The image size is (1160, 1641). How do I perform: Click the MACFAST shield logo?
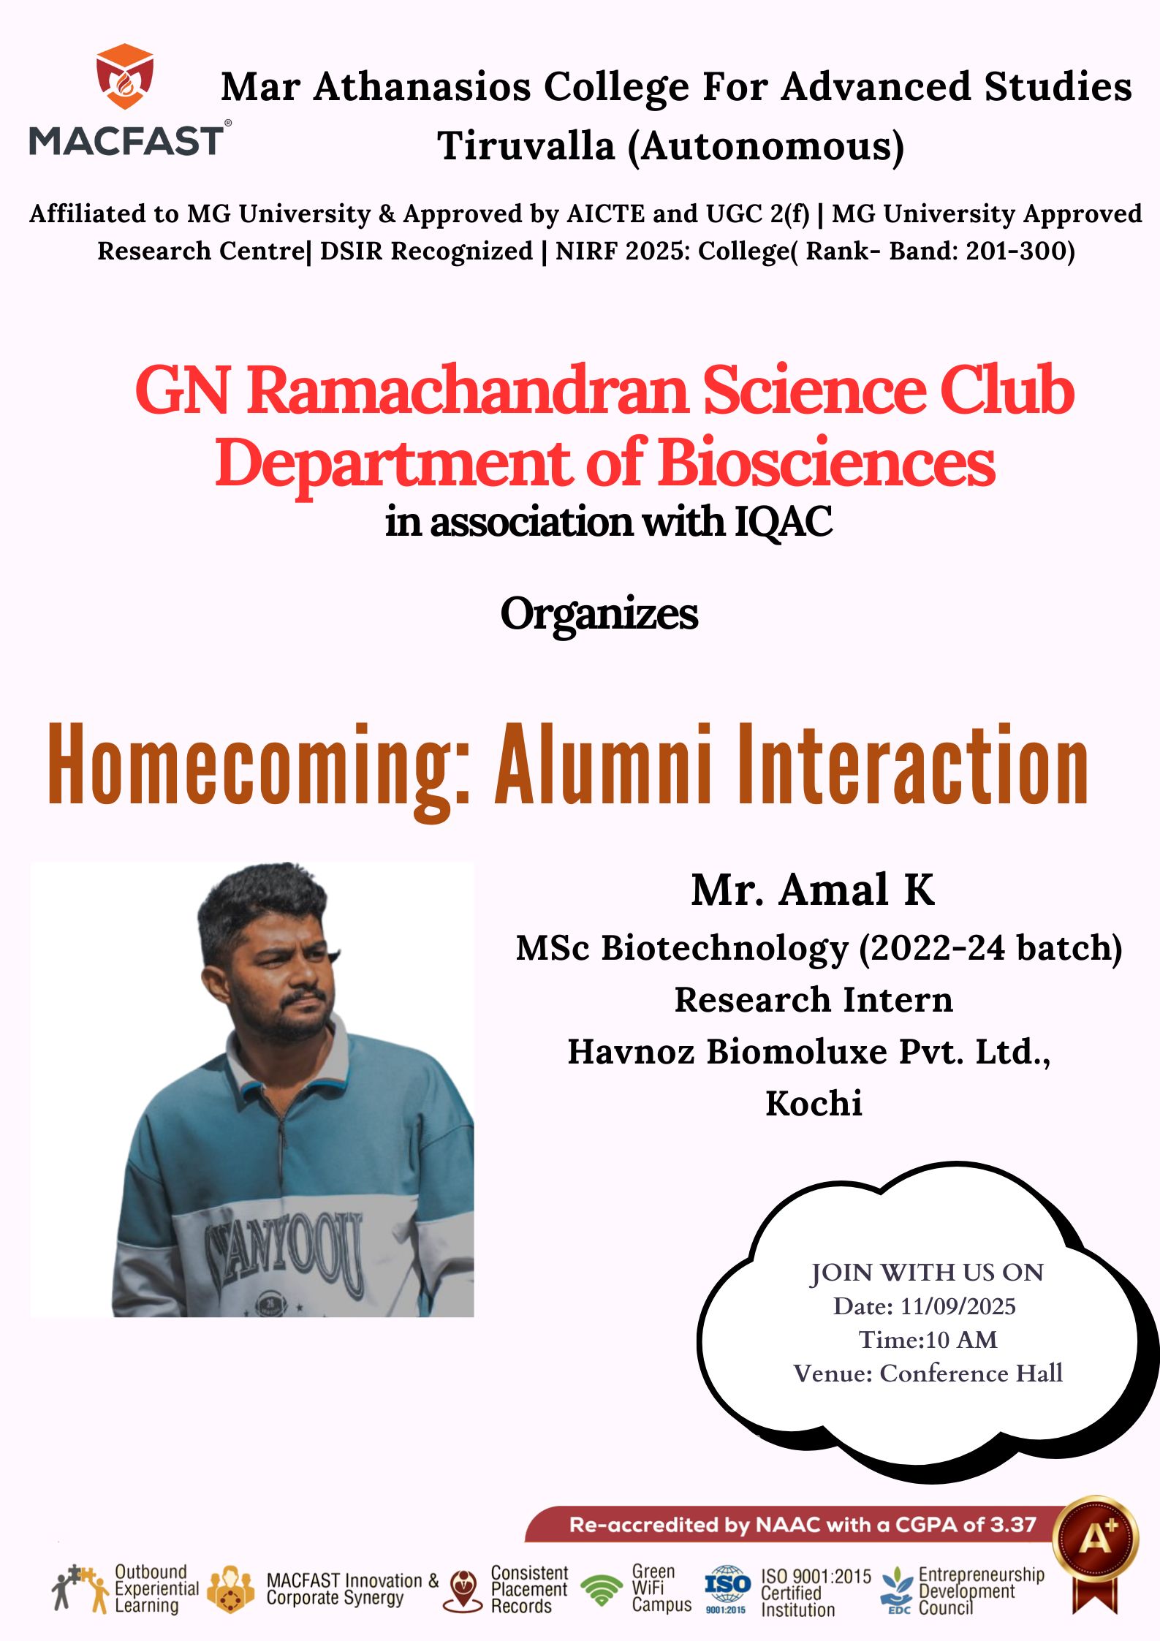point(125,76)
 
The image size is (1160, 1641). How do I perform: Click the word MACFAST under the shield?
point(126,140)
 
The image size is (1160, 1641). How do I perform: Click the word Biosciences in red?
point(827,462)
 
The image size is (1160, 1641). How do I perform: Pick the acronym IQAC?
point(783,522)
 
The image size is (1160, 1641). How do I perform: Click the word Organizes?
point(599,614)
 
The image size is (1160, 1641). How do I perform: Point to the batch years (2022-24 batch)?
point(990,948)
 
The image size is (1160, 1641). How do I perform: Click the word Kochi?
point(814,1103)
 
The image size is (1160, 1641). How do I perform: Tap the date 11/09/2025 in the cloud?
point(958,1306)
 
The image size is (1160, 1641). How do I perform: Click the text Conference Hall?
point(971,1373)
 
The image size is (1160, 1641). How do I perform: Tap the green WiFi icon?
point(602,1591)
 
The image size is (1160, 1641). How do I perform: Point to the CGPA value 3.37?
point(1013,1525)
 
